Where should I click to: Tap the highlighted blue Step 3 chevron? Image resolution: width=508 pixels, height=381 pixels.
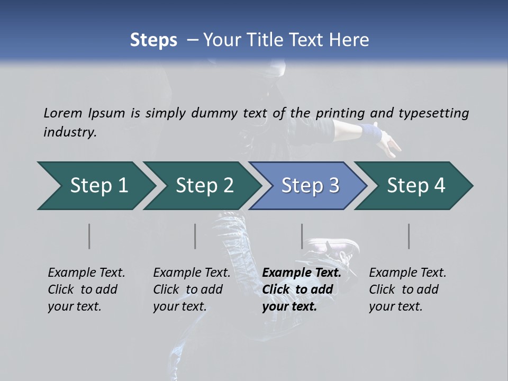310,186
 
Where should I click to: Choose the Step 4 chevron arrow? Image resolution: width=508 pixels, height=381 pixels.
416,186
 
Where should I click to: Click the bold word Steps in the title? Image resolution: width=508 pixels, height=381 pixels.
153,40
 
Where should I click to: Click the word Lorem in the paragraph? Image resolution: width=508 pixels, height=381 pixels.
63,113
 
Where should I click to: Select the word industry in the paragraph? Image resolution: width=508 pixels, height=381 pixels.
69,132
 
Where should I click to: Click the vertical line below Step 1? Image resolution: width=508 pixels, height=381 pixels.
89,236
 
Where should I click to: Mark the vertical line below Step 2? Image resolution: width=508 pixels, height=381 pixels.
195,236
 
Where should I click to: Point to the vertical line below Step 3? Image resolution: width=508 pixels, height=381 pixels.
302,236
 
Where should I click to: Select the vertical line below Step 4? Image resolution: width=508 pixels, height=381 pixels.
409,236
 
